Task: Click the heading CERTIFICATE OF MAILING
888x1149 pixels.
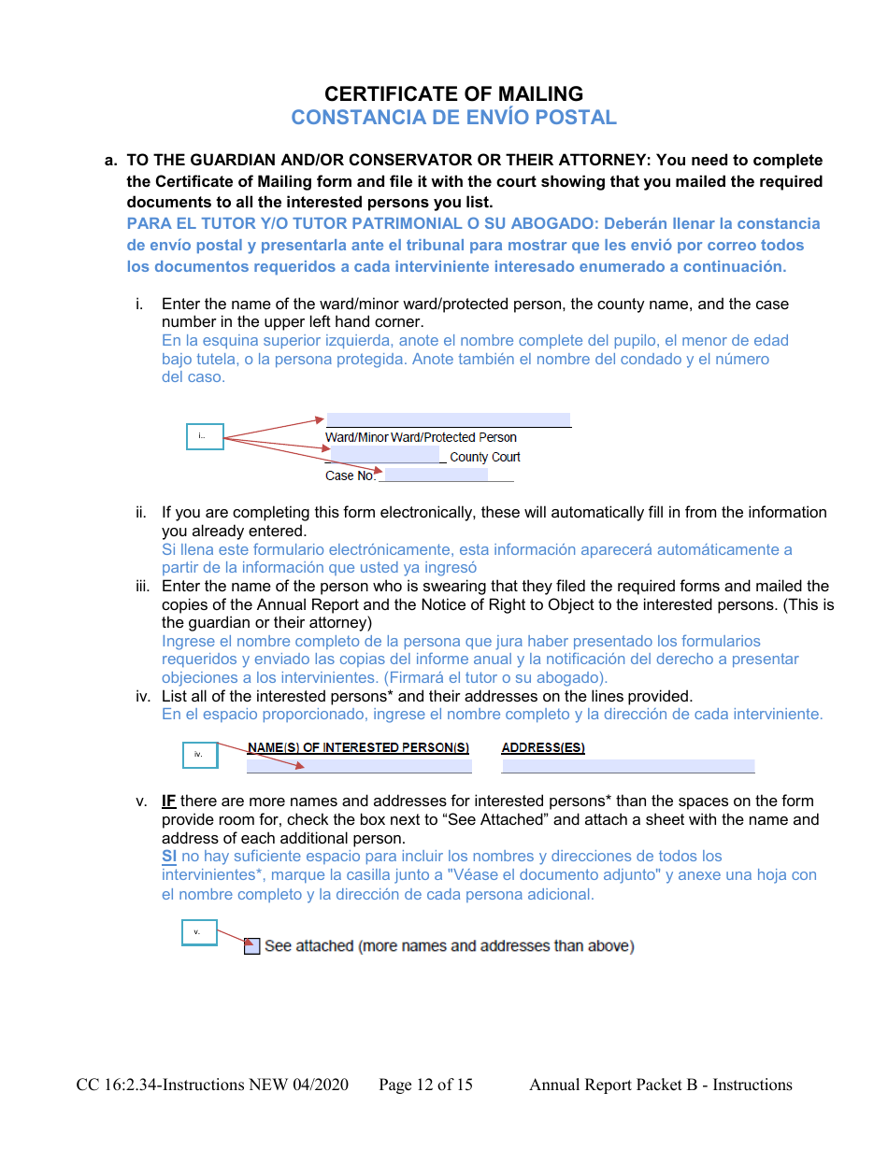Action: [453, 93]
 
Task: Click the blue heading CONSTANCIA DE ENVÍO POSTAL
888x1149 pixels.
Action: [453, 118]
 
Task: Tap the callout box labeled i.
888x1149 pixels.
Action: [205, 436]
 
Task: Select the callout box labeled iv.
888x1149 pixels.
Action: [199, 755]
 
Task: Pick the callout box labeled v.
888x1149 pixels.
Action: [198, 932]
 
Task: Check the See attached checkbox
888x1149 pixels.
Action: [251, 946]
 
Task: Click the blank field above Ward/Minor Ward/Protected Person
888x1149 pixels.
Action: [448, 420]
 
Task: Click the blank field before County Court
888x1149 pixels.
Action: [384, 456]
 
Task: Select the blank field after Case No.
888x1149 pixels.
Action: [436, 475]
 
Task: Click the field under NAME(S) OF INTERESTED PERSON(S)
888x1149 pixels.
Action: [359, 766]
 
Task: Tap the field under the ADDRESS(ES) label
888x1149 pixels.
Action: [627, 766]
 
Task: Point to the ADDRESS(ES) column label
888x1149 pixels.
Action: [543, 747]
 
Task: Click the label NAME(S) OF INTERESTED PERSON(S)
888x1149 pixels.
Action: [358, 747]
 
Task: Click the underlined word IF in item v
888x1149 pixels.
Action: [169, 801]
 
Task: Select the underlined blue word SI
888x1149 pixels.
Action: [169, 857]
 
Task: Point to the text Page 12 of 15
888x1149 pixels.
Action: [425, 1085]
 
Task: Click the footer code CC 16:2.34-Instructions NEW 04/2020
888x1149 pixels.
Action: [212, 1085]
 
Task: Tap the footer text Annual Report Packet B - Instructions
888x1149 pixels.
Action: [660, 1085]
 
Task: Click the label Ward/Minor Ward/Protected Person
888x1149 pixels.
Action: [421, 437]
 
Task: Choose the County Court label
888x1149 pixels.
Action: [484, 457]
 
